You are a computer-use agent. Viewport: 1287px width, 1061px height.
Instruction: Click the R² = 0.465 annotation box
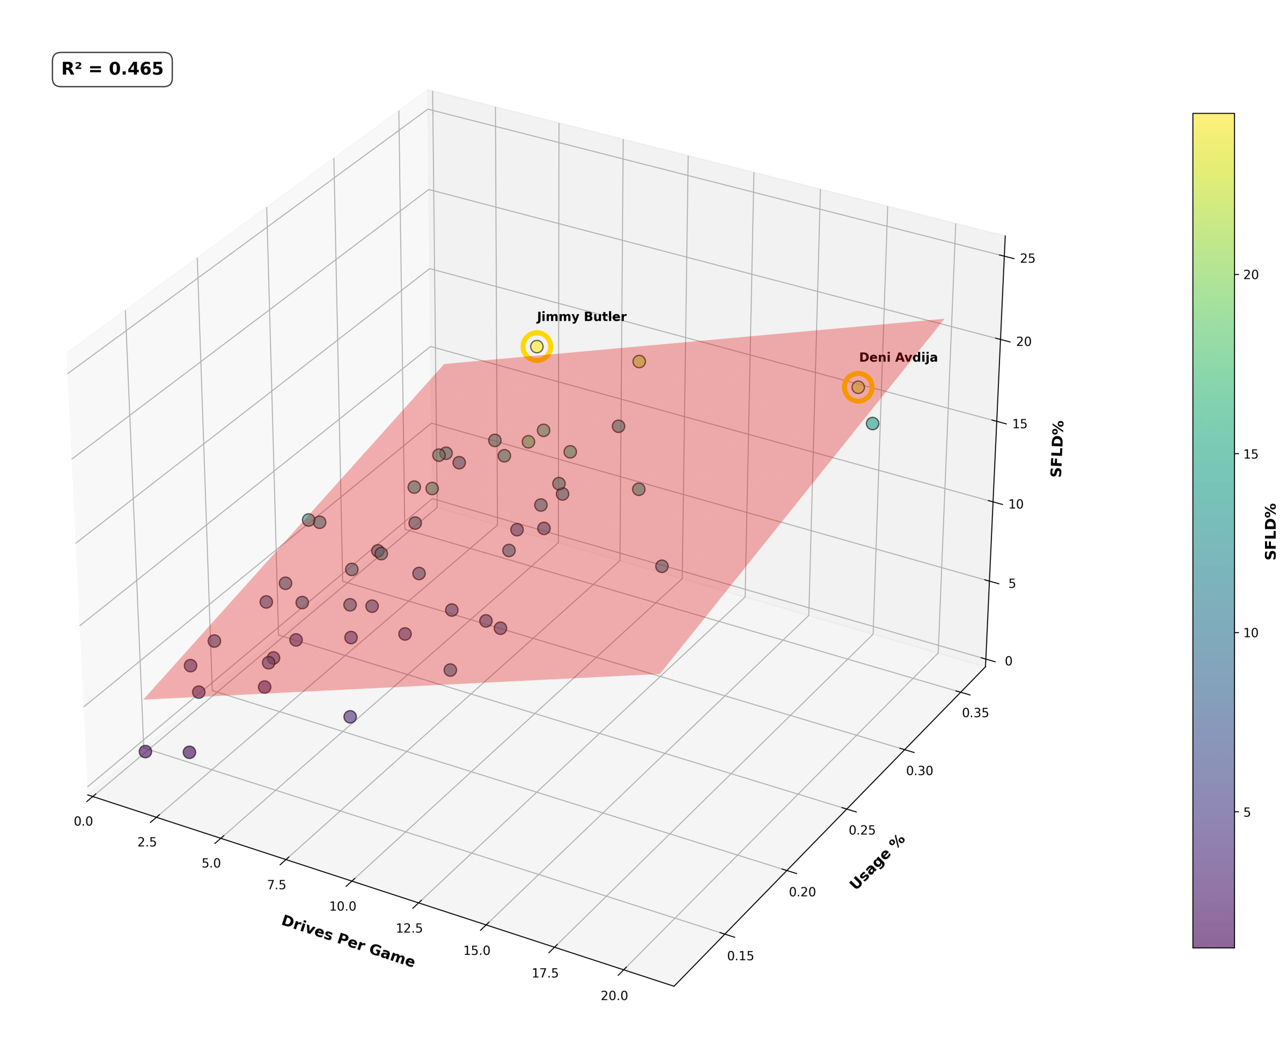112,69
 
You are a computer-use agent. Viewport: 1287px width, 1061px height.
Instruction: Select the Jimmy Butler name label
581,317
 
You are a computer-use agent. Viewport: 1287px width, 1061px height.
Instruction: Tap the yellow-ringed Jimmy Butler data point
536,346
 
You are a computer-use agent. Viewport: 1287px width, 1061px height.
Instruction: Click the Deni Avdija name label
898,358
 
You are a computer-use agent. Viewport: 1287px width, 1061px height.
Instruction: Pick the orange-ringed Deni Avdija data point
857,387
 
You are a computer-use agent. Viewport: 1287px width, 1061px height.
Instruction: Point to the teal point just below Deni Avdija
872,424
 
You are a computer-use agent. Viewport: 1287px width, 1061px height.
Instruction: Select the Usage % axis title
877,863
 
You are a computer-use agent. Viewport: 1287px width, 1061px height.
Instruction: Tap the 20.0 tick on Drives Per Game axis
614,996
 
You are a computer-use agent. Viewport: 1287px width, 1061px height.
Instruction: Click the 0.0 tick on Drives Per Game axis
83,821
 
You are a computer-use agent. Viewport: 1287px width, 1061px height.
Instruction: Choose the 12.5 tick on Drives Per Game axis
408,929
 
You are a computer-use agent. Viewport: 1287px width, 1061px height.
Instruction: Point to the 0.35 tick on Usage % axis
975,713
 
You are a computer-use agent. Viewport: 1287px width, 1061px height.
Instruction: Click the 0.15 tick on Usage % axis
740,956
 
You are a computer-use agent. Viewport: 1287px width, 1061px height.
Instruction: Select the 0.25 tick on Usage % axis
862,830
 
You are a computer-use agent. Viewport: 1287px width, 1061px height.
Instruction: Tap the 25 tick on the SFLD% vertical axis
1027,258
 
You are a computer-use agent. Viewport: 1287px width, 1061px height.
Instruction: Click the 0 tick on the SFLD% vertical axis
1008,661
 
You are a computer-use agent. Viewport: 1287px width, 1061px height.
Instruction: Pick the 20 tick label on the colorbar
1251,275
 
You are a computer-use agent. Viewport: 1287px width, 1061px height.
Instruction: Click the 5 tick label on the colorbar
1247,812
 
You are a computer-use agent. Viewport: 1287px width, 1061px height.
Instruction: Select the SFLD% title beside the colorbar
1270,531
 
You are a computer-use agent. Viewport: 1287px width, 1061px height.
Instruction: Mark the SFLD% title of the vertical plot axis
1056,449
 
